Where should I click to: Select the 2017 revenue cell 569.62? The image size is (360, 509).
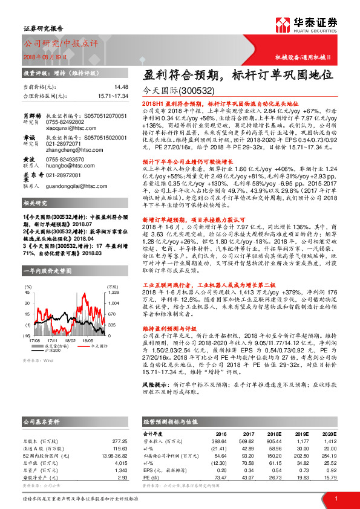(244, 440)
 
